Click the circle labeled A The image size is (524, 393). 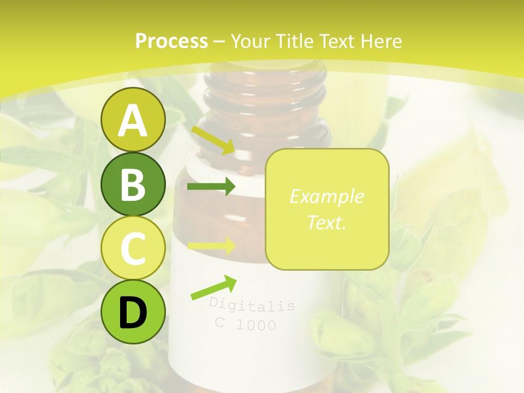tap(133, 120)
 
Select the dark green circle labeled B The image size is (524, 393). tap(133, 184)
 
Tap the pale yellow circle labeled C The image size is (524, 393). tap(133, 248)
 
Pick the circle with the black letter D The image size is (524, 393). tap(133, 312)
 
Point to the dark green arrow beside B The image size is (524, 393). tap(211, 187)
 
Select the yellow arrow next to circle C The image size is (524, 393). tap(211, 246)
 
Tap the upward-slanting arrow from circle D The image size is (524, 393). tap(213, 288)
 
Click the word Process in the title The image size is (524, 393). tap(171, 41)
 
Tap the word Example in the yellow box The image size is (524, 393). tap(326, 196)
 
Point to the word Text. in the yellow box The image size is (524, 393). tap(326, 222)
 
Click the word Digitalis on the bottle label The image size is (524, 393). tap(252, 305)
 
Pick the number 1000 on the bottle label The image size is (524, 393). tap(256, 325)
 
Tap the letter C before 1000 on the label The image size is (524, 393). tap(220, 322)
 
